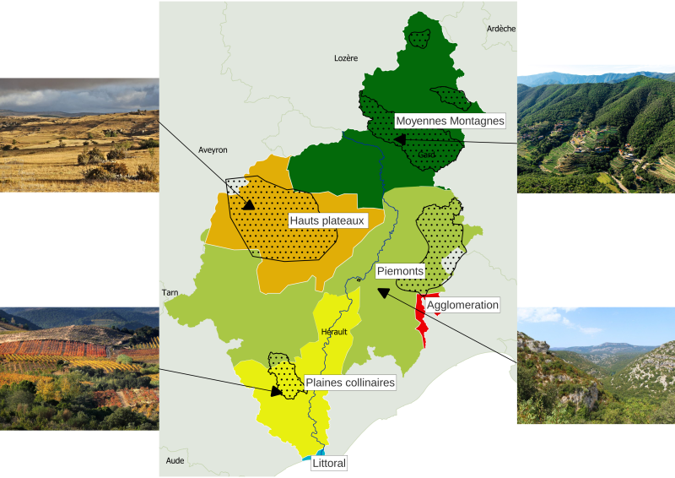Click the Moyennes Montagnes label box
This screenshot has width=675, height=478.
pyautogui.click(x=449, y=121)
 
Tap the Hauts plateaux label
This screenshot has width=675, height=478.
pyautogui.click(x=327, y=220)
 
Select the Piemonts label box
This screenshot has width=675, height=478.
pyautogui.click(x=399, y=271)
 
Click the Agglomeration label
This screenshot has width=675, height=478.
pyautogui.click(x=463, y=304)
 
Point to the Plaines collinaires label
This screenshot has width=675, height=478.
pyautogui.click(x=350, y=383)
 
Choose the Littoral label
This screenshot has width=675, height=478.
pyautogui.click(x=329, y=463)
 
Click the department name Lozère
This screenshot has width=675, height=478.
pyautogui.click(x=346, y=58)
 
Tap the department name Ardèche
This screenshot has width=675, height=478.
pyautogui.click(x=500, y=29)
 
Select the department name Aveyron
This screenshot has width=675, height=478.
pyautogui.click(x=213, y=149)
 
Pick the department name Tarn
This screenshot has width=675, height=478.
pyautogui.click(x=170, y=293)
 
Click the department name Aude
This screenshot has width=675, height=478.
pyautogui.click(x=175, y=460)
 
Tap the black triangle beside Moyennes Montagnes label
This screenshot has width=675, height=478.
pyautogui.click(x=399, y=139)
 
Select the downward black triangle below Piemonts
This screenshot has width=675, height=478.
pyautogui.click(x=383, y=293)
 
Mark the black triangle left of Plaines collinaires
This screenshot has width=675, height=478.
pyautogui.click(x=276, y=392)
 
